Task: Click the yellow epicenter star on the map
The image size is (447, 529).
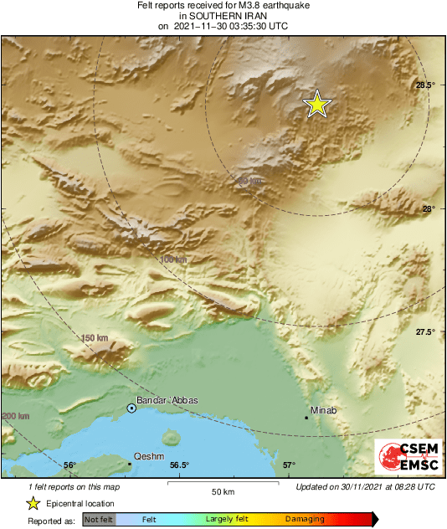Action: tap(317, 104)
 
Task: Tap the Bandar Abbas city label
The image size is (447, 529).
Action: tap(167, 400)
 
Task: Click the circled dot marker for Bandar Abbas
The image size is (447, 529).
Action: tap(131, 408)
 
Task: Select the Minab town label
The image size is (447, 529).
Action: tap(323, 410)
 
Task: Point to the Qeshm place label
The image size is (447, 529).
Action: tap(148, 457)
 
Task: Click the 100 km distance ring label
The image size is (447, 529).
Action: tap(173, 260)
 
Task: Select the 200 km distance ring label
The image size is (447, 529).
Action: tap(16, 416)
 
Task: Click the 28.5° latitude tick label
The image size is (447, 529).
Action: tap(425, 85)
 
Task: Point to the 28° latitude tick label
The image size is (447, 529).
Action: tap(428, 209)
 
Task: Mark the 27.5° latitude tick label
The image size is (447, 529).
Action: tap(425, 332)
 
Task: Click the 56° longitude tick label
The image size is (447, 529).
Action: tap(69, 465)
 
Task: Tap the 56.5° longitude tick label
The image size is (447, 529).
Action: tap(179, 465)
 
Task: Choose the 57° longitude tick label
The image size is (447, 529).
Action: tap(289, 465)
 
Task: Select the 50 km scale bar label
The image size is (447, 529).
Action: tap(221, 490)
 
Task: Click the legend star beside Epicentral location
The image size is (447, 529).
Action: tap(33, 503)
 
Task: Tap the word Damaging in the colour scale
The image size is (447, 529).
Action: tap(305, 520)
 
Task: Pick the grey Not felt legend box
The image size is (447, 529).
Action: tap(100, 520)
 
